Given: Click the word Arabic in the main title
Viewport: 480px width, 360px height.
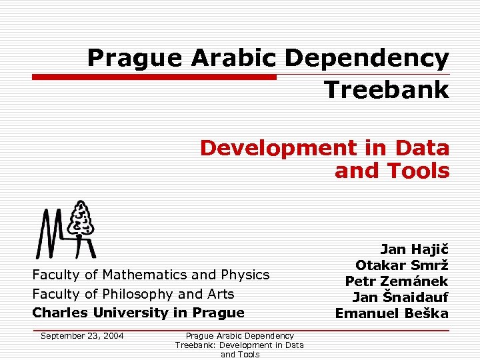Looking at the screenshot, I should [x=233, y=59].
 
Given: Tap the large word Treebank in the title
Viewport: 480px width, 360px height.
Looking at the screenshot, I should [x=387, y=89].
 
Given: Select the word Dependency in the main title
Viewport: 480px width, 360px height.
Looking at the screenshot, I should [x=367, y=59].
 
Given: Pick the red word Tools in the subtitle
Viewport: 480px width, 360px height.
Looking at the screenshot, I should [x=416, y=171].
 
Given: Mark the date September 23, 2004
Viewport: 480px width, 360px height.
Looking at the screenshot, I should [x=82, y=336].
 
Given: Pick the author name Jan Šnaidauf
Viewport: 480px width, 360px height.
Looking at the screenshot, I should [x=400, y=297].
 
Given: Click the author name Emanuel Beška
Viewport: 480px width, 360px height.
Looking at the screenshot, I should [x=391, y=313].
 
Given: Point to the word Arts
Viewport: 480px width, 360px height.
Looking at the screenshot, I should [x=220, y=294].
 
